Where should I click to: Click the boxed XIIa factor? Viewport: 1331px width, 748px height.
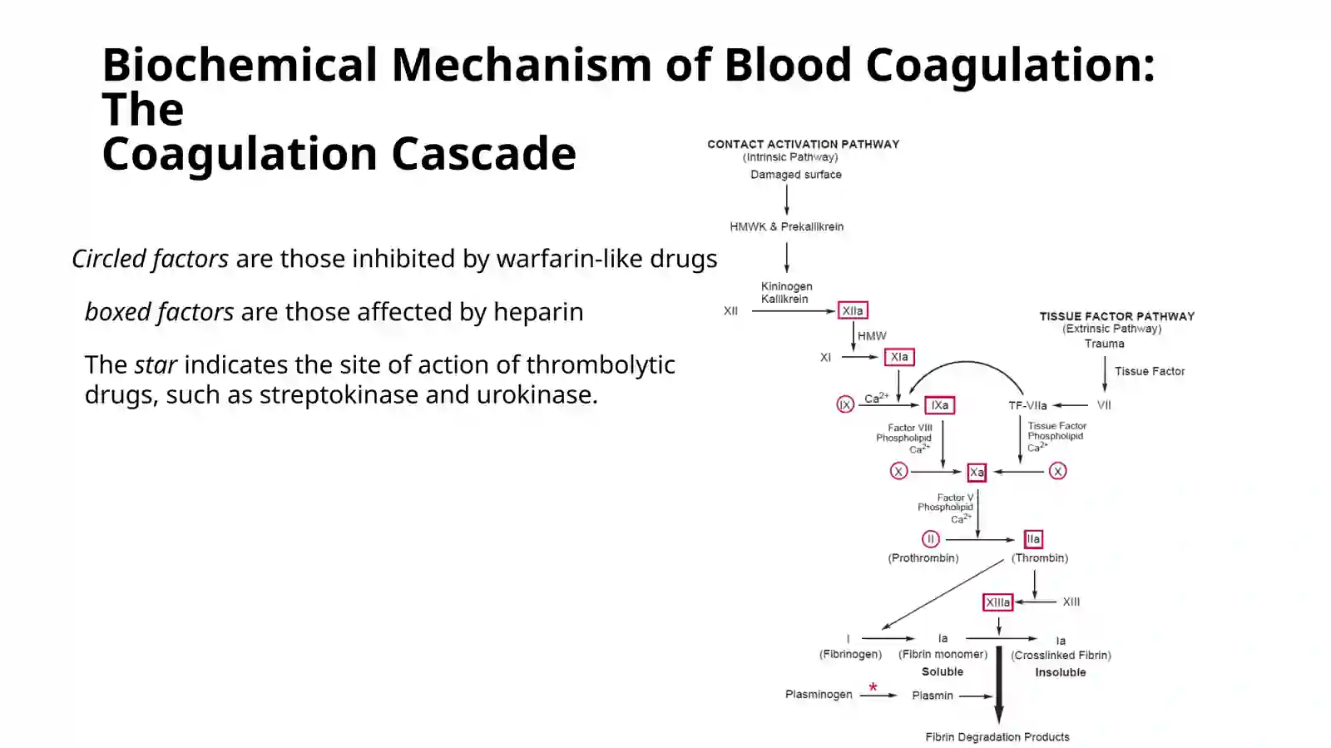pos(853,310)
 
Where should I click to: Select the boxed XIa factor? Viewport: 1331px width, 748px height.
pos(899,357)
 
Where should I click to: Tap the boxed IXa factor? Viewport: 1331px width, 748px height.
pos(939,405)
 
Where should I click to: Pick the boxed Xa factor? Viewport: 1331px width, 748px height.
pos(977,473)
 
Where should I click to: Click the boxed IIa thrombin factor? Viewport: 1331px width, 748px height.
pos(1033,539)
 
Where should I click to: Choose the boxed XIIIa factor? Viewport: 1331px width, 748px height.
pos(997,602)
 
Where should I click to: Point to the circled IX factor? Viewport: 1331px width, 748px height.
pos(845,404)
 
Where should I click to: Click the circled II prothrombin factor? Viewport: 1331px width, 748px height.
pos(931,539)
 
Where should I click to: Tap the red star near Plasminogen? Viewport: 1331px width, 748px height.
pos(873,686)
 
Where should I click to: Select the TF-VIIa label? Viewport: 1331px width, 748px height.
pos(1027,406)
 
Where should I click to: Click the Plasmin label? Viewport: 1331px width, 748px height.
pos(933,695)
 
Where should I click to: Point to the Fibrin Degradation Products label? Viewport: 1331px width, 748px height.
pos(997,737)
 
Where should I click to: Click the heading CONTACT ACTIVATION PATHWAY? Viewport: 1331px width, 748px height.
pos(804,145)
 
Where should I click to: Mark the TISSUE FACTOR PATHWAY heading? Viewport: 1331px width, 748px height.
pos(1117,317)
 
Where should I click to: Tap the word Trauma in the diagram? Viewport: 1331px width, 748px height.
pos(1104,344)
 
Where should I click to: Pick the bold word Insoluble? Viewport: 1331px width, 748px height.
pos(1060,672)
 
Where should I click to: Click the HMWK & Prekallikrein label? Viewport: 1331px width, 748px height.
pos(787,227)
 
